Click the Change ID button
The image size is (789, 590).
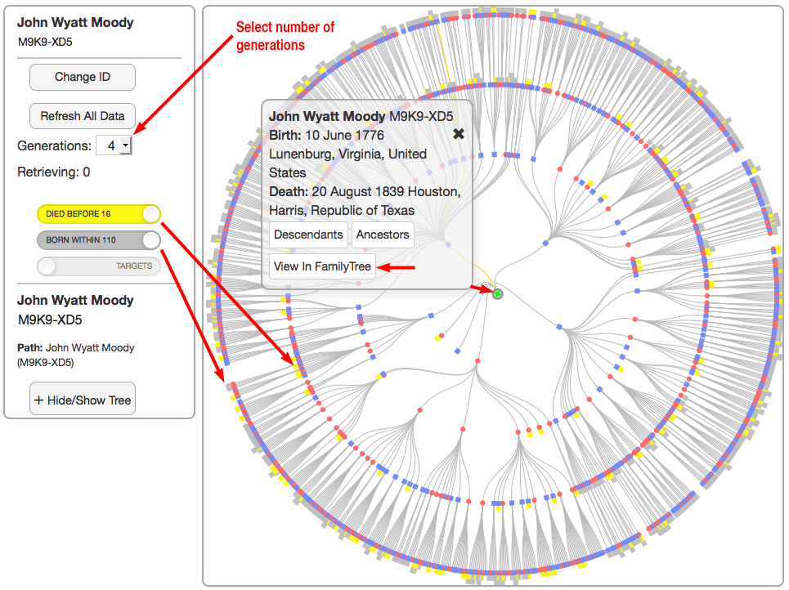click(x=82, y=77)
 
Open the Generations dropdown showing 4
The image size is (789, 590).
click(x=114, y=145)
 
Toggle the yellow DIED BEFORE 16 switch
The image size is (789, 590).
click(x=99, y=214)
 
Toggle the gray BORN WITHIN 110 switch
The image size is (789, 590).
click(x=99, y=240)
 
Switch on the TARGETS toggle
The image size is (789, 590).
click(x=99, y=266)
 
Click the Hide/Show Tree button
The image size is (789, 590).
click(x=82, y=400)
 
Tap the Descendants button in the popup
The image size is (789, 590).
click(x=308, y=235)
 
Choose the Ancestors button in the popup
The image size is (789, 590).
click(x=383, y=235)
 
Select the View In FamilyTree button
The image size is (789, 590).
click(x=322, y=266)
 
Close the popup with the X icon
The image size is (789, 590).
click(x=459, y=134)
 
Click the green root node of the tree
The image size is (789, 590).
click(x=498, y=293)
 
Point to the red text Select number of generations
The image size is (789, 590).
click(x=285, y=36)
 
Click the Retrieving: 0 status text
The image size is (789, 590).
click(x=53, y=172)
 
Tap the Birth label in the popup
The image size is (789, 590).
click(x=285, y=136)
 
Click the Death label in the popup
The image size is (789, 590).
click(x=289, y=192)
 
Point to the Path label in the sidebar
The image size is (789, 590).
click(x=29, y=347)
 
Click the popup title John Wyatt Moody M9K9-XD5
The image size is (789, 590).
click(x=361, y=116)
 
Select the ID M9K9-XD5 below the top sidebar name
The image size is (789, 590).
click(x=45, y=42)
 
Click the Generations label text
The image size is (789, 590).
click(x=54, y=145)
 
